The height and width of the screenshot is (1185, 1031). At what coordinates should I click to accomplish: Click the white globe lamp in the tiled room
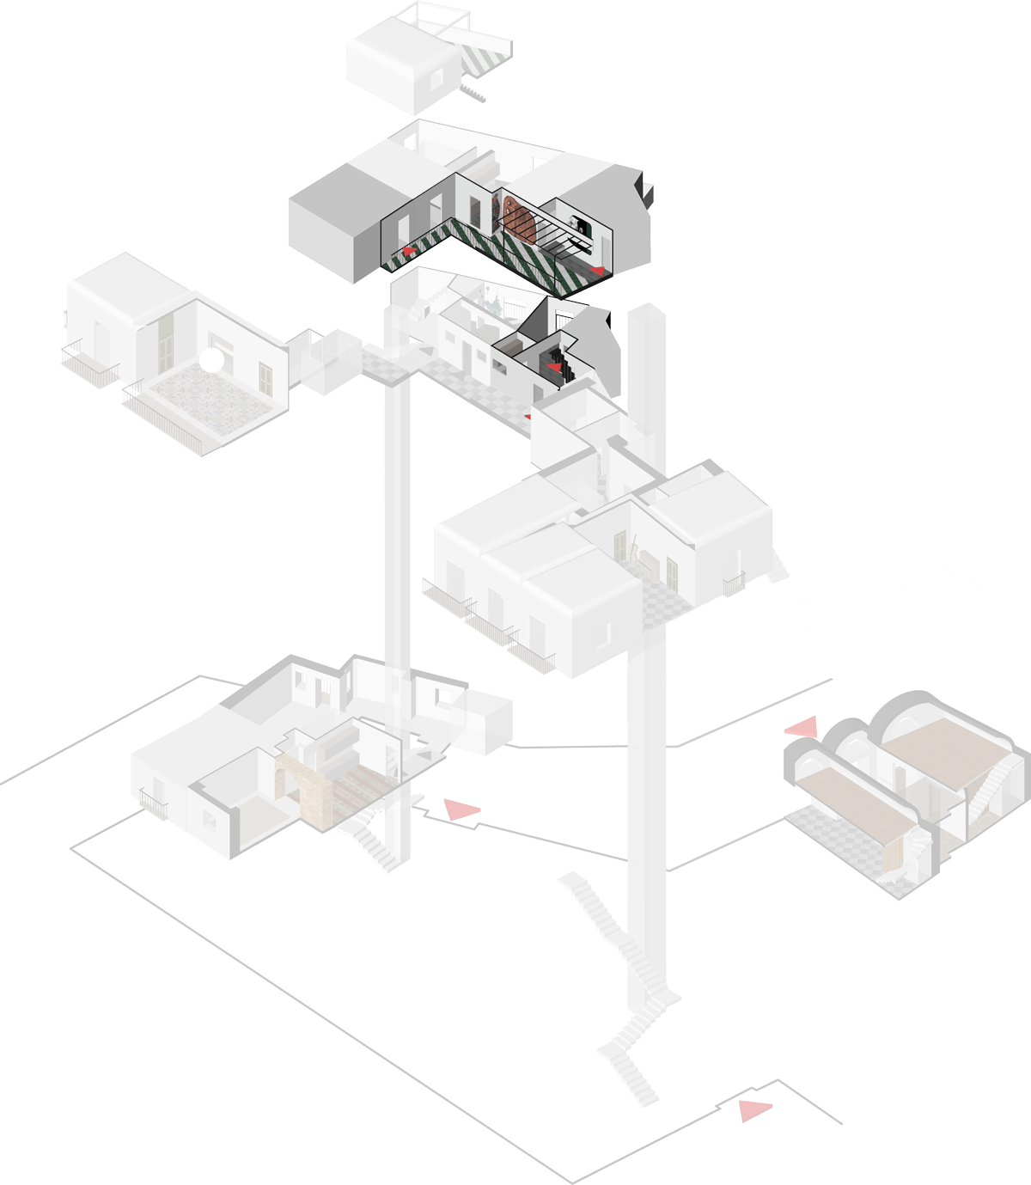210,361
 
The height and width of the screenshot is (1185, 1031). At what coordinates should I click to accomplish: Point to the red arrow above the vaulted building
802,729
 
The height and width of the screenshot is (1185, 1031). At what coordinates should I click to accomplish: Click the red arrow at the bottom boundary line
755,1110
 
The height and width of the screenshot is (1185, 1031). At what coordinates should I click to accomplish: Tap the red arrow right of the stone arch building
461,809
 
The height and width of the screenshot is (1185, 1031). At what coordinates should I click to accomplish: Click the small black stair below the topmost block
472,91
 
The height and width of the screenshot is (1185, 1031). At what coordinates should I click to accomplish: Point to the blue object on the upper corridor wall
493,302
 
